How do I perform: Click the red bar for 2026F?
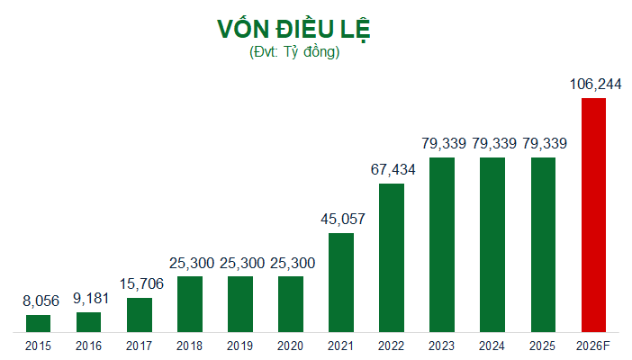593,215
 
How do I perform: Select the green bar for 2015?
39,324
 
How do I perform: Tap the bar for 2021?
341,283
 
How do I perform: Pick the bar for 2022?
392,258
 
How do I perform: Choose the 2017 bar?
140,315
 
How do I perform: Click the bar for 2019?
240,304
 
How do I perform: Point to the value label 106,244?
595,85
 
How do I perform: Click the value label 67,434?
393,170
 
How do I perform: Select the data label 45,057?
343,220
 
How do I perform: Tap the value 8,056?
41,301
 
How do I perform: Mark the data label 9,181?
91,299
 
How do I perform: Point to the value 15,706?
141,284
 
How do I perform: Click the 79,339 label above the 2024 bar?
494,143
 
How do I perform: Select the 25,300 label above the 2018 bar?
192,263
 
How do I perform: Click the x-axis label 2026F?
593,346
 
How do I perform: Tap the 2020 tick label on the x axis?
290,346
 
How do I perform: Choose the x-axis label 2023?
441,346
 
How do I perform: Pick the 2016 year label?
88,346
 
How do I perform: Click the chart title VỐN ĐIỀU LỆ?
293,30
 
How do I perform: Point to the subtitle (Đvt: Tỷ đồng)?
294,52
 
